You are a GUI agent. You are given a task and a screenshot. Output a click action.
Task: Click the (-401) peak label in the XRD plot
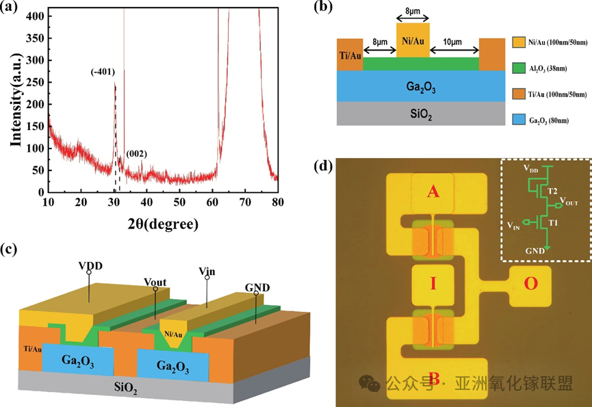click(x=103, y=72)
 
